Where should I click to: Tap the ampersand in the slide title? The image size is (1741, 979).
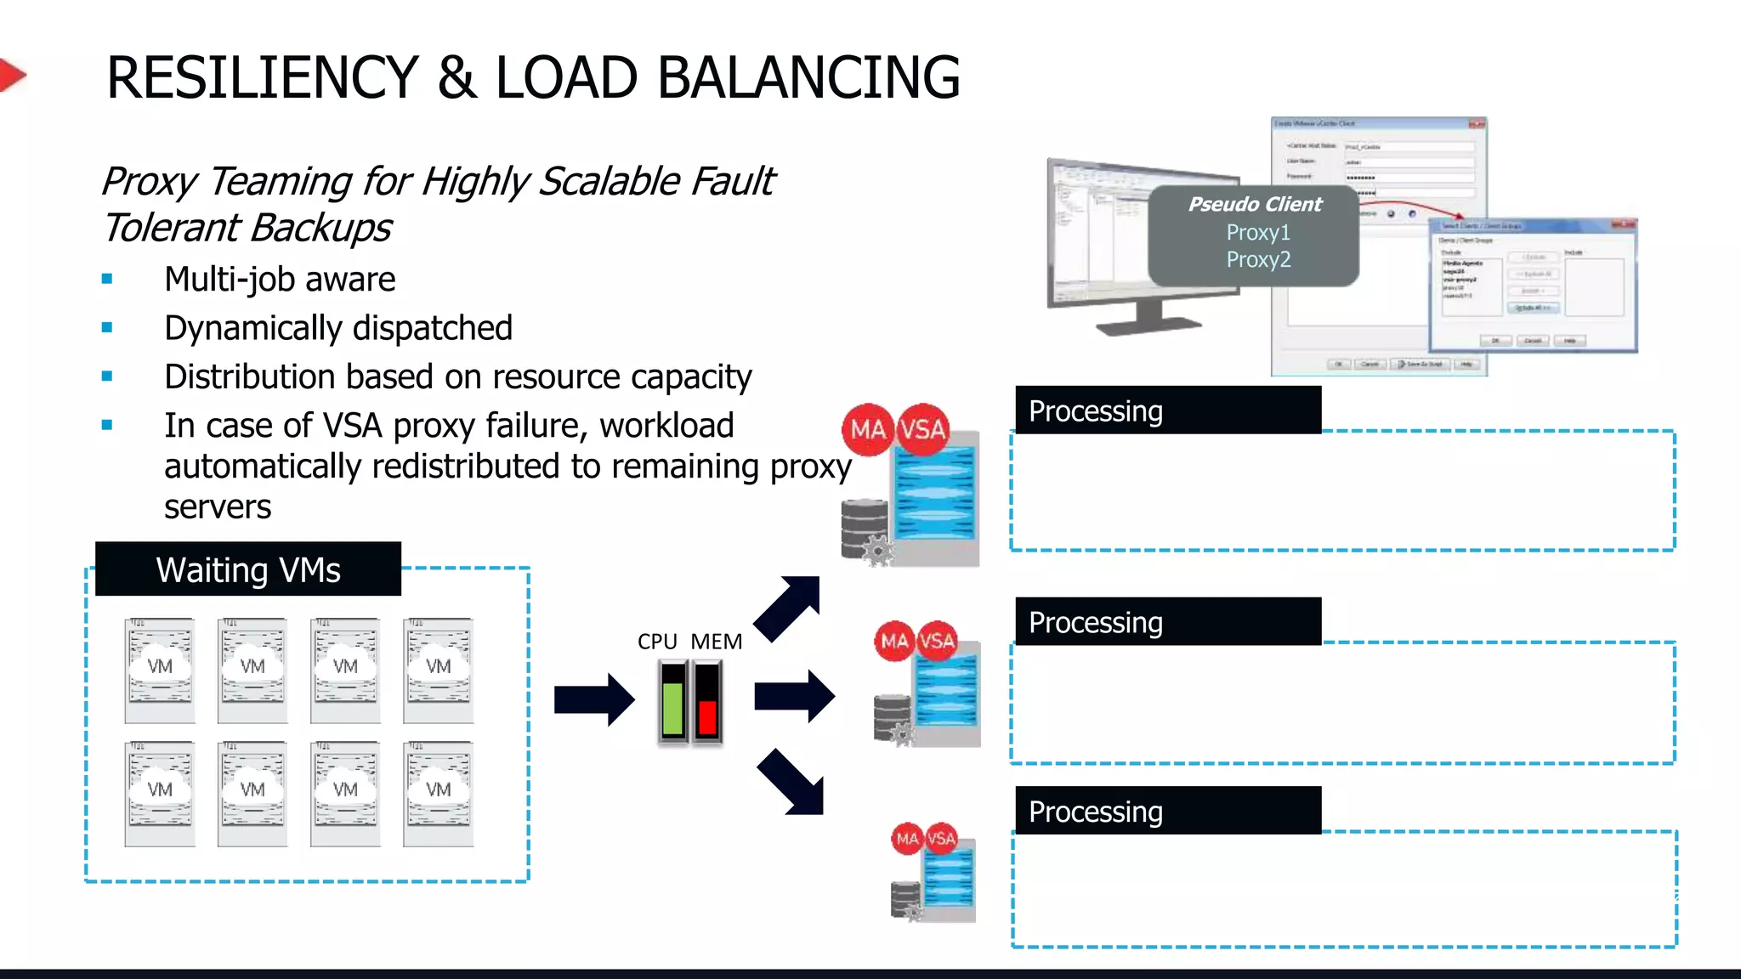coord(457,77)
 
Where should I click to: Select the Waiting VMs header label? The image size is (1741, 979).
coord(247,569)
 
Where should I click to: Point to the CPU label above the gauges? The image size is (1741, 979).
coord(657,642)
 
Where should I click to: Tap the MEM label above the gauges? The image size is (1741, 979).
coord(716,642)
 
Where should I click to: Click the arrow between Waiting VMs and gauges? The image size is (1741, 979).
coord(594,699)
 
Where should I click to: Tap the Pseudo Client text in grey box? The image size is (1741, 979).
coord(1255,204)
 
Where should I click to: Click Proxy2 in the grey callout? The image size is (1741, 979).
coord(1258,259)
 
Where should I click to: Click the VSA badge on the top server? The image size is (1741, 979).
coord(922,429)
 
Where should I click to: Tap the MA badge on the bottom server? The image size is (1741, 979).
coord(907,839)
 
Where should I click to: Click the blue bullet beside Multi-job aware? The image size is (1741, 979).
coord(107,279)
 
